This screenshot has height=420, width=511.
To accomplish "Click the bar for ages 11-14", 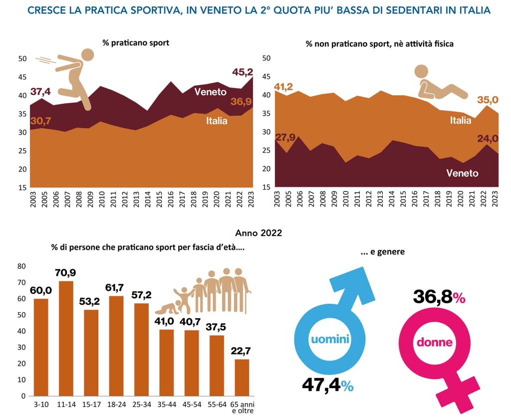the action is pyautogui.click(x=66, y=338).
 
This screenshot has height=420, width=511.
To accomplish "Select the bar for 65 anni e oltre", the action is pyautogui.click(x=242, y=377).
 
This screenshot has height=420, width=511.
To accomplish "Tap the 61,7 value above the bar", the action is pyautogui.click(x=114, y=288).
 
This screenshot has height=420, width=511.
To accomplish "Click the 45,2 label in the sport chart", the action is pyautogui.click(x=243, y=72).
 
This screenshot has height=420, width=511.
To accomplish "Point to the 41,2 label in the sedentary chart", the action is pyautogui.click(x=283, y=87).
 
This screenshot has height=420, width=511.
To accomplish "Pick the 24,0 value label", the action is pyautogui.click(x=488, y=139).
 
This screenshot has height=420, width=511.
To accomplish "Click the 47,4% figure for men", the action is pyautogui.click(x=327, y=385).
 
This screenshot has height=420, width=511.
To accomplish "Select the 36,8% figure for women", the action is pyautogui.click(x=439, y=297).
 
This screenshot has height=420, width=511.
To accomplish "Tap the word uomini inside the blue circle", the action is pyautogui.click(x=330, y=339).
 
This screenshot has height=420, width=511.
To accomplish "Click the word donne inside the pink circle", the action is pyautogui.click(x=435, y=342).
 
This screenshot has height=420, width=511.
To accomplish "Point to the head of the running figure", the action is pyautogui.click(x=87, y=55).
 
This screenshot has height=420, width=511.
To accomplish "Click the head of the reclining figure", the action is pyautogui.click(x=421, y=71).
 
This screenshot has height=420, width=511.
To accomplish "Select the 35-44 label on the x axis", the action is pyautogui.click(x=167, y=405).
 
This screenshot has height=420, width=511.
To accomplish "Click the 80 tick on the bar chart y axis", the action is pyautogui.click(x=21, y=266).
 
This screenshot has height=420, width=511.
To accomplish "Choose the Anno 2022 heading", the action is pyautogui.click(x=258, y=233).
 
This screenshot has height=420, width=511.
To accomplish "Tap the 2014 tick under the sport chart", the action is pyautogui.click(x=148, y=199).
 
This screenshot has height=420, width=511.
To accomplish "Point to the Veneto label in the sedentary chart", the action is pyautogui.click(x=462, y=173).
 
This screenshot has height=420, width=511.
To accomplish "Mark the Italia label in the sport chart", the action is pyautogui.click(x=217, y=121).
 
